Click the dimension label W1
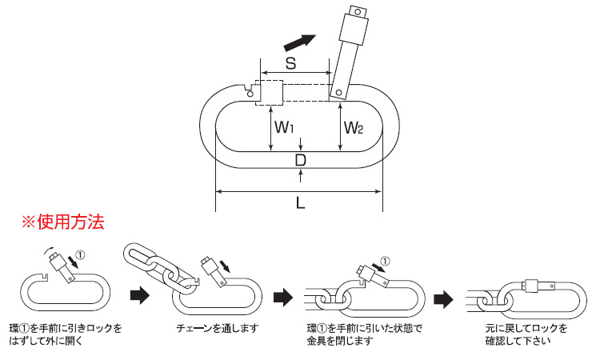point(284,127)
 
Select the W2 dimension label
point(354,127)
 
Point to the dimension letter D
point(300,161)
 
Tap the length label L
point(300,203)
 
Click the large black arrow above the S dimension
point(298,40)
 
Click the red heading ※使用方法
point(55,221)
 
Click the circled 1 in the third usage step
point(385,261)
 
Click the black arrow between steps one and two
point(139,295)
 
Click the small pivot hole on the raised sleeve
point(340,93)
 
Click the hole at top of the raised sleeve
point(356,12)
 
